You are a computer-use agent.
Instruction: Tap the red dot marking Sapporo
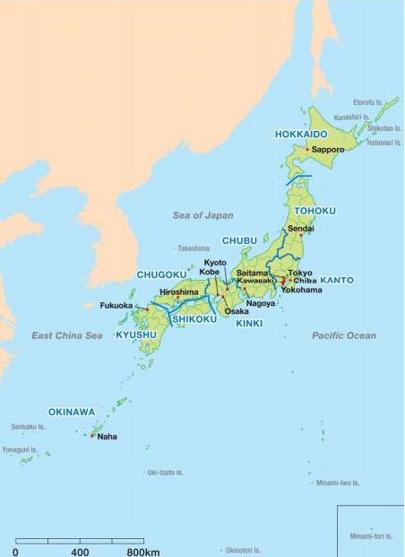click(307, 149)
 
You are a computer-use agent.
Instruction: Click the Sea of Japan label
click(202, 215)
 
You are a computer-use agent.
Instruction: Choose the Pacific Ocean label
click(344, 335)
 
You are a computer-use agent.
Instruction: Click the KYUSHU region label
click(136, 335)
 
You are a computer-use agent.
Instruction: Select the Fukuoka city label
click(116, 305)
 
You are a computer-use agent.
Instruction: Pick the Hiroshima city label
click(178, 292)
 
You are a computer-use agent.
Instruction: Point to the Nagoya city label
click(260, 303)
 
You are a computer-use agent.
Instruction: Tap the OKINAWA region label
click(72, 412)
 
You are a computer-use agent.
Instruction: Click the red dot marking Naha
click(92, 436)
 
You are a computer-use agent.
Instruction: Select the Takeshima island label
click(193, 248)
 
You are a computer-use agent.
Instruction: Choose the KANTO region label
click(336, 280)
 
